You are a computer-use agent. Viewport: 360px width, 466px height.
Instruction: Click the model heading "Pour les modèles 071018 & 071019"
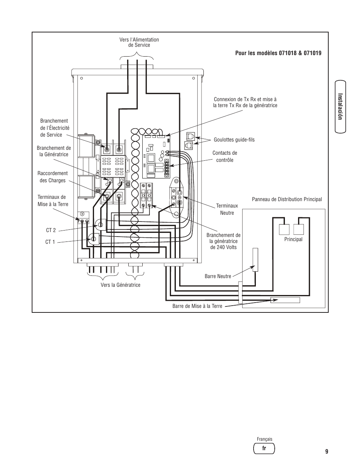tap(278, 53)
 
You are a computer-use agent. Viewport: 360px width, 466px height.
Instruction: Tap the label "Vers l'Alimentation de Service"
tap(139, 42)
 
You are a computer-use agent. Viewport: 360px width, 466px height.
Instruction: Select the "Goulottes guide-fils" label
tap(234, 140)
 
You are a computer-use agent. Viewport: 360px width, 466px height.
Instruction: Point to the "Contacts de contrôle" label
tap(225, 156)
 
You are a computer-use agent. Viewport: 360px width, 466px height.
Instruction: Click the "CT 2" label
tap(51, 230)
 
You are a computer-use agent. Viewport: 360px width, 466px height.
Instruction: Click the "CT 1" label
tap(50, 242)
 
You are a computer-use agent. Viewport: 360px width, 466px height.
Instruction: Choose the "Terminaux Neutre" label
tap(227, 209)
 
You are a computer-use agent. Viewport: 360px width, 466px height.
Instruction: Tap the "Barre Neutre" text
tap(218, 276)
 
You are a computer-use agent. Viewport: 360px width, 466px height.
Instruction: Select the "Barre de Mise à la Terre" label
tap(197, 306)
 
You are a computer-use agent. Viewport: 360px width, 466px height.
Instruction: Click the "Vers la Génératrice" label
tap(120, 285)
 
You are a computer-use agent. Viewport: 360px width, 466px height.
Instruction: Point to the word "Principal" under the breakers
tap(293, 239)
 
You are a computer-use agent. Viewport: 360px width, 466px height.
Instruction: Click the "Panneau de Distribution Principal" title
tap(287, 199)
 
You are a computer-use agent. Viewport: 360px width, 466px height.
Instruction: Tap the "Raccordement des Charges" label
tap(52, 177)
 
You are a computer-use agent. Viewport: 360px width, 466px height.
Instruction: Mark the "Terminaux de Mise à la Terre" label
tap(53, 200)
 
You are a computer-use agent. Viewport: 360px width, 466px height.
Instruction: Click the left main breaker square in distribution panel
tap(284, 229)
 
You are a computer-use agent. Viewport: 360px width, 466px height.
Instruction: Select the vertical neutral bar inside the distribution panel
tap(255, 260)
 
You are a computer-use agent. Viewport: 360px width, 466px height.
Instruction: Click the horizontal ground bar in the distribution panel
tap(285, 300)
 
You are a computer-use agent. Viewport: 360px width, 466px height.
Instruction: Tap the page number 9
tap(326, 452)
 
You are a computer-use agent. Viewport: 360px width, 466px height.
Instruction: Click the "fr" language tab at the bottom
tap(264, 448)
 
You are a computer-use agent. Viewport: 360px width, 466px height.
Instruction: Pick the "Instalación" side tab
tap(340, 107)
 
